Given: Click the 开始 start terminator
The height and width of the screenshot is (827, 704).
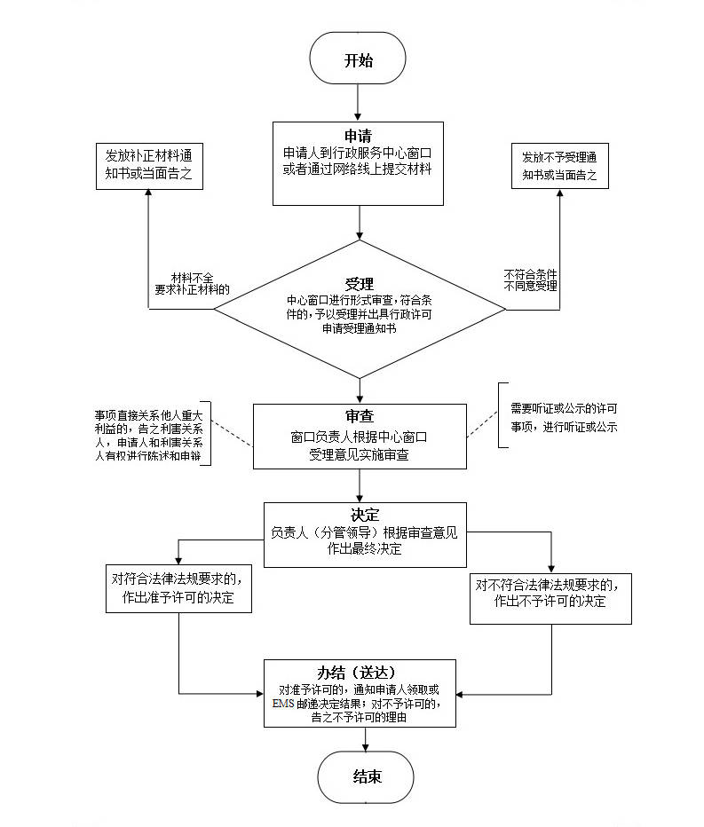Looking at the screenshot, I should coord(358,60).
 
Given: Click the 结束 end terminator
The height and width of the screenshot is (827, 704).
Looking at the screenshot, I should coord(366,776).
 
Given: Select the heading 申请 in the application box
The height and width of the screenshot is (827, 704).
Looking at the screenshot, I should coord(358,136).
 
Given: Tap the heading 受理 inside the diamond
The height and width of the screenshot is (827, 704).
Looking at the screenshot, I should coord(359,283).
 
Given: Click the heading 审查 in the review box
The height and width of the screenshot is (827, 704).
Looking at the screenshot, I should coord(360,417).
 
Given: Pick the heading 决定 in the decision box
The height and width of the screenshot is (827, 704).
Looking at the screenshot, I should coord(365,515).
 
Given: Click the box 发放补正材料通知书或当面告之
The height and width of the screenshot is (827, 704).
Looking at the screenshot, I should coord(148,166).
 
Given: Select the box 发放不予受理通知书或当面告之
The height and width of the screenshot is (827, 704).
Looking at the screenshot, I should coord(559,166).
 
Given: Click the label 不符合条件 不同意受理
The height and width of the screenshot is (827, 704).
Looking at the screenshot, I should coord(530,280).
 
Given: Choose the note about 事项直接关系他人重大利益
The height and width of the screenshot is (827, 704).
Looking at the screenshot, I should coord(149,434).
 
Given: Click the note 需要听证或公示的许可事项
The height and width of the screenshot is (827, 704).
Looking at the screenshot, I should coord(564,417).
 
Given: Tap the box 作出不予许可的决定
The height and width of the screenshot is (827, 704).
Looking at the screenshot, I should coord(550,593).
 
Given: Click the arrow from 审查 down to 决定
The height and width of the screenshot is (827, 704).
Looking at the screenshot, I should coord(360,484).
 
